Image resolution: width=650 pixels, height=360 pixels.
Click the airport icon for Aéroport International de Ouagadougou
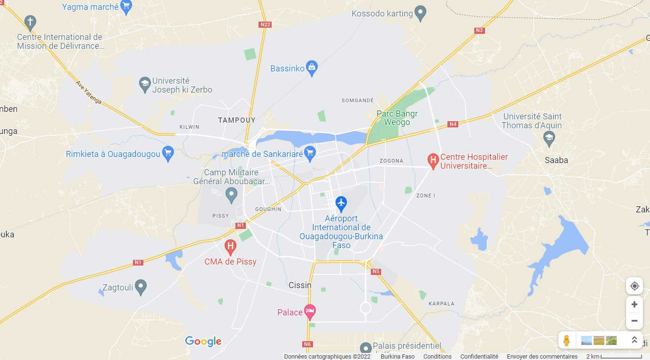pyautogui.click(x=341, y=203)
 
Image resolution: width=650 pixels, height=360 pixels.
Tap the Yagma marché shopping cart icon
pyautogui.click(x=126, y=7)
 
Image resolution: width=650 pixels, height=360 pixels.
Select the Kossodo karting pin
pyautogui.click(x=421, y=13)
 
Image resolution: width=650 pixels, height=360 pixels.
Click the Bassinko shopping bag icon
pyautogui.click(x=312, y=68)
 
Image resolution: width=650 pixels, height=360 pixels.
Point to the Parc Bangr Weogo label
pyautogui.click(x=397, y=118)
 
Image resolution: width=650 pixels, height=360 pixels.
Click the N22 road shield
pyautogui.click(x=265, y=24)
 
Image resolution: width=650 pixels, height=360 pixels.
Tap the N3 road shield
pyautogui.click(x=479, y=31)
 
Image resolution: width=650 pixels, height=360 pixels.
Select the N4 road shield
pyautogui.click(x=453, y=124)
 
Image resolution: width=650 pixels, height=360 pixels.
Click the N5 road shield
pyautogui.click(x=376, y=272)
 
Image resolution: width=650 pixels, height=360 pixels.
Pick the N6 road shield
pyautogui.click(x=307, y=344)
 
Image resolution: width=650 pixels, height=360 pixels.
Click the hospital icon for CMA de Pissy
pyautogui.click(x=230, y=246)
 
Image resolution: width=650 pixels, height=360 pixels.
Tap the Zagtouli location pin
pyautogui.click(x=141, y=286)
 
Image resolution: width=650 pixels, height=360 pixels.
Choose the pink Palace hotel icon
pyautogui.click(x=310, y=311)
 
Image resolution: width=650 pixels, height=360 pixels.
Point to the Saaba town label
pyautogui.click(x=556, y=160)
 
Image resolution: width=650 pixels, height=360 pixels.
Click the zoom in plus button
pyautogui.click(x=634, y=305)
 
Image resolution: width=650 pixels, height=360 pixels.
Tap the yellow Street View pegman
pyautogui.click(x=567, y=340)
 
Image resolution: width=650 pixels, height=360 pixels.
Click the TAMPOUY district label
pyautogui.click(x=237, y=120)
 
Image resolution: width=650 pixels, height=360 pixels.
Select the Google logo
pyautogui.click(x=203, y=342)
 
